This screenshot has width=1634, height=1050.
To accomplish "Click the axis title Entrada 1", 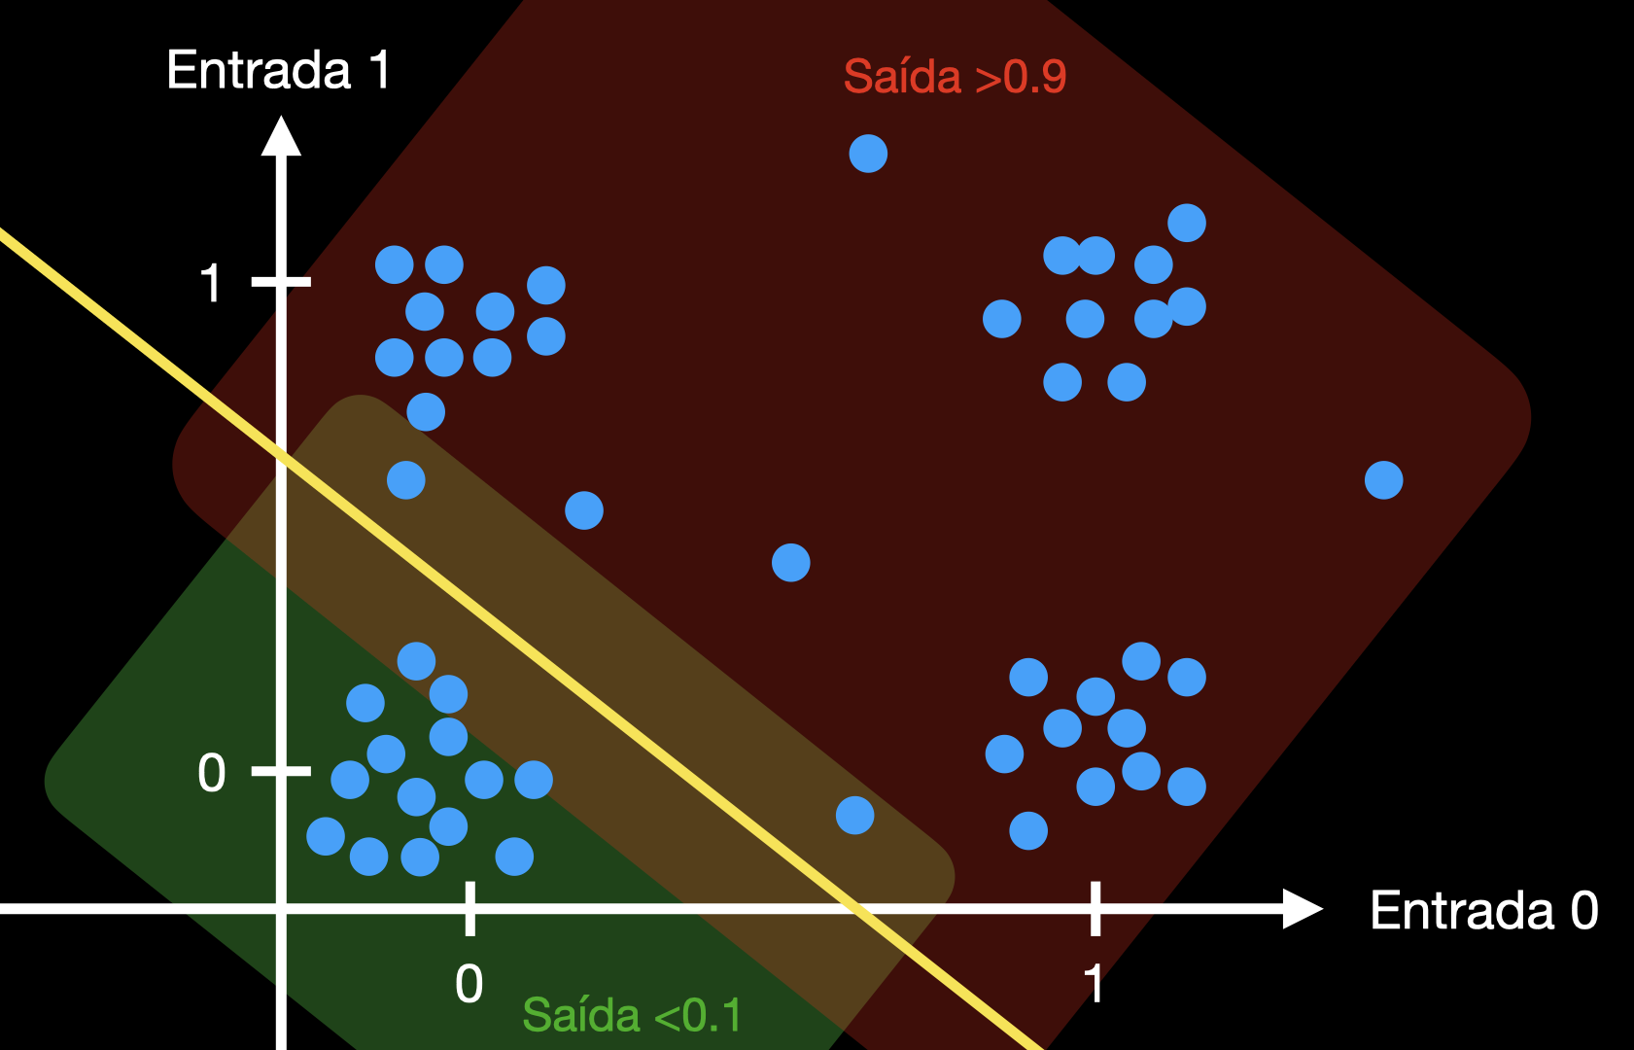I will tap(279, 71).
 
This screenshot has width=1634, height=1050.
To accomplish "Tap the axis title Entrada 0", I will tap(1483, 911).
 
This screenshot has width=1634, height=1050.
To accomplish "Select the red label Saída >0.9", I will tap(955, 77).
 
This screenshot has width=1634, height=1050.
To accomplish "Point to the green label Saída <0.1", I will tap(632, 1016).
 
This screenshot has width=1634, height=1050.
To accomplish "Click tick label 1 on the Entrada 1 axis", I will tap(210, 284).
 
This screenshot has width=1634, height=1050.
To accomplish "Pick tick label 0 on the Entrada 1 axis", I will tap(211, 774).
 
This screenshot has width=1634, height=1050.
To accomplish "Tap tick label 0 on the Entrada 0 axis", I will tap(469, 984).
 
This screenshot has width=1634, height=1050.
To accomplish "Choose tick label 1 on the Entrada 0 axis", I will tap(1095, 984).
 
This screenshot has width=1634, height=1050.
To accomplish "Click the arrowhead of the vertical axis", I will tap(281, 136).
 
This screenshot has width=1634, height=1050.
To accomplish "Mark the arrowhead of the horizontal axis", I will tap(1303, 909).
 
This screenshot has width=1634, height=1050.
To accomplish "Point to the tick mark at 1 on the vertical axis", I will tap(281, 282).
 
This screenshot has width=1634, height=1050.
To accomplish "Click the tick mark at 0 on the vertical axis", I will tap(281, 771).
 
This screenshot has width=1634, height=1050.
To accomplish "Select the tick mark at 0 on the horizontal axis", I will tap(469, 909).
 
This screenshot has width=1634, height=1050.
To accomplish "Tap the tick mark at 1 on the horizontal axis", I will tap(1095, 909).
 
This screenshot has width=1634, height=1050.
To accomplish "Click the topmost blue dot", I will tap(868, 154).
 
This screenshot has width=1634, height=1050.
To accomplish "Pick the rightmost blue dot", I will tap(1383, 480).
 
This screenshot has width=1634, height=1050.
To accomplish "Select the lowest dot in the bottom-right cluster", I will tap(1028, 831).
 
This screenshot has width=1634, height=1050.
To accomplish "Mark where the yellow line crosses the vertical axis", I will tap(281, 455).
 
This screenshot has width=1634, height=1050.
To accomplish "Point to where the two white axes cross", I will tap(281, 909).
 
